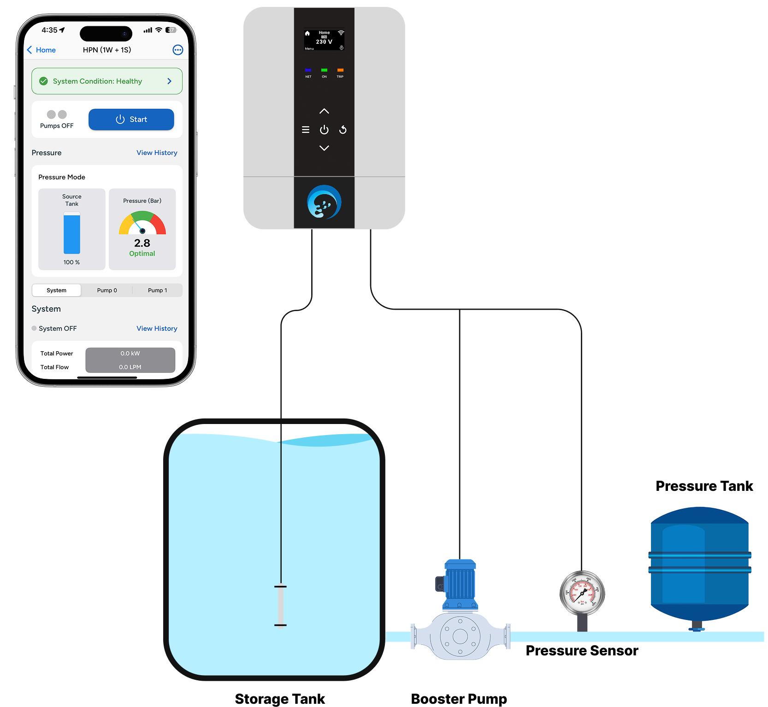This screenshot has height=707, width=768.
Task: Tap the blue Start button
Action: click(131, 119)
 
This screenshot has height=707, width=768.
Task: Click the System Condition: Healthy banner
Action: click(106, 81)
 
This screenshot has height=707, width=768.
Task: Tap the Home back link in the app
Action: click(41, 50)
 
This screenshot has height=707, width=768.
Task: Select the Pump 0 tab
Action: click(107, 290)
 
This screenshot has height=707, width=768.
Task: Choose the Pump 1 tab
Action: click(157, 290)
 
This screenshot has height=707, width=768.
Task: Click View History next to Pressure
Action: click(157, 153)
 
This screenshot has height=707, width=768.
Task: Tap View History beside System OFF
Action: click(157, 328)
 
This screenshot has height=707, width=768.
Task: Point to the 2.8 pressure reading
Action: click(142, 243)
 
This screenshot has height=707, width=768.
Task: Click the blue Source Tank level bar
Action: click(72, 233)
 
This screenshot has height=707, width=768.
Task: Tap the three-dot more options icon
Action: click(177, 50)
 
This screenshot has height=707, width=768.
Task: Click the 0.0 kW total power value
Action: click(130, 353)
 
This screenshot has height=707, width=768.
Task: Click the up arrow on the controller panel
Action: click(324, 111)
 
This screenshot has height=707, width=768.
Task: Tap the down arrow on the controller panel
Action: click(324, 148)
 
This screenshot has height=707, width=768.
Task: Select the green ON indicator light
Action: click(324, 70)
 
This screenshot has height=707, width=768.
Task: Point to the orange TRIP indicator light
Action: click(340, 70)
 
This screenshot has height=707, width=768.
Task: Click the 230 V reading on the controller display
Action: click(324, 42)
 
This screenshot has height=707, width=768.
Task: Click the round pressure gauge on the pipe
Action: click(582, 593)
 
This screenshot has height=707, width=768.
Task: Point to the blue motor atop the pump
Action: click(460, 583)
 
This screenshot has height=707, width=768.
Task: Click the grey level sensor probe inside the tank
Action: click(280, 606)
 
